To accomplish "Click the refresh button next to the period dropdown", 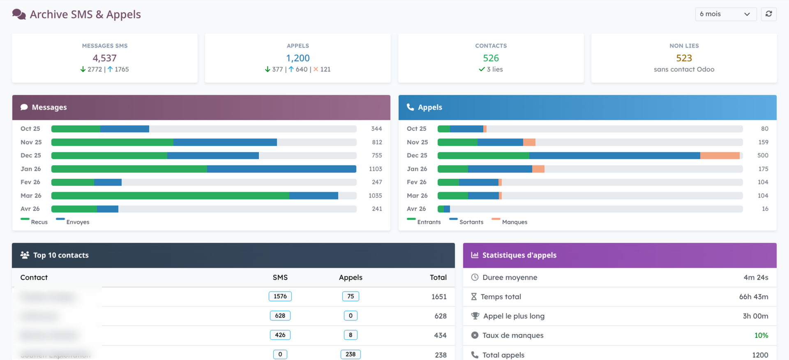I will (768, 14).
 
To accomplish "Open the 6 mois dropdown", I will (725, 14).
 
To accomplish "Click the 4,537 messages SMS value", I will (104, 58).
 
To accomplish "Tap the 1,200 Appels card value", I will (298, 58).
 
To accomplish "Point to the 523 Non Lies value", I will (684, 58).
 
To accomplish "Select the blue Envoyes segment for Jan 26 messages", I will (281, 169).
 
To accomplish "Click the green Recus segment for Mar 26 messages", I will (170, 196).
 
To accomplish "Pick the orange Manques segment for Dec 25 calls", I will (720, 155).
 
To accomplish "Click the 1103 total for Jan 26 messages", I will (375, 169).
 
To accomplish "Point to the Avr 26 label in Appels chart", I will (416, 209).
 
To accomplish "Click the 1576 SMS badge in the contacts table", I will (280, 296).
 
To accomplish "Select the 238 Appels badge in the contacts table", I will (351, 354).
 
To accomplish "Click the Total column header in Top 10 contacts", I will (438, 277).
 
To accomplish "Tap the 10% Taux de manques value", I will (761, 335).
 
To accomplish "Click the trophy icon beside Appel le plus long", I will (475, 316).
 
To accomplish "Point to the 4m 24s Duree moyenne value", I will (756, 277).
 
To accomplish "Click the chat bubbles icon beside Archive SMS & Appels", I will (19, 14).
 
